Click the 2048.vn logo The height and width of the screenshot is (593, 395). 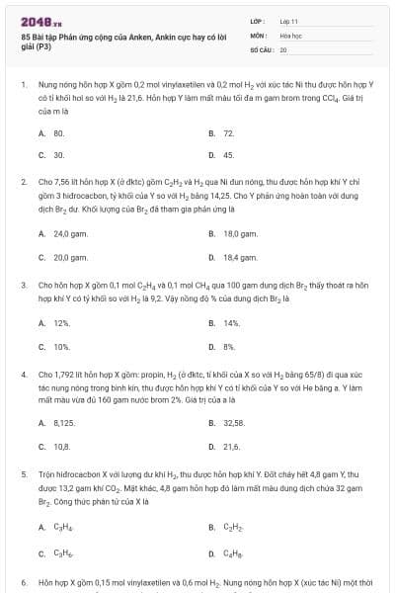pyautogui.click(x=37, y=21)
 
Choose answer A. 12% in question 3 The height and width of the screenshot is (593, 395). pyautogui.click(x=54, y=323)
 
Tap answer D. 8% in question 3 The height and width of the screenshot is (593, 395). pyautogui.click(x=222, y=347)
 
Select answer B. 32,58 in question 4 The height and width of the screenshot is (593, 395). pyautogui.click(x=227, y=422)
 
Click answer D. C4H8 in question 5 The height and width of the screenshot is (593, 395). pyautogui.click(x=226, y=551)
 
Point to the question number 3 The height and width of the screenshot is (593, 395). pyautogui.click(x=23, y=285)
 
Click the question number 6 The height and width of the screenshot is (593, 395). pyautogui.click(x=23, y=583)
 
